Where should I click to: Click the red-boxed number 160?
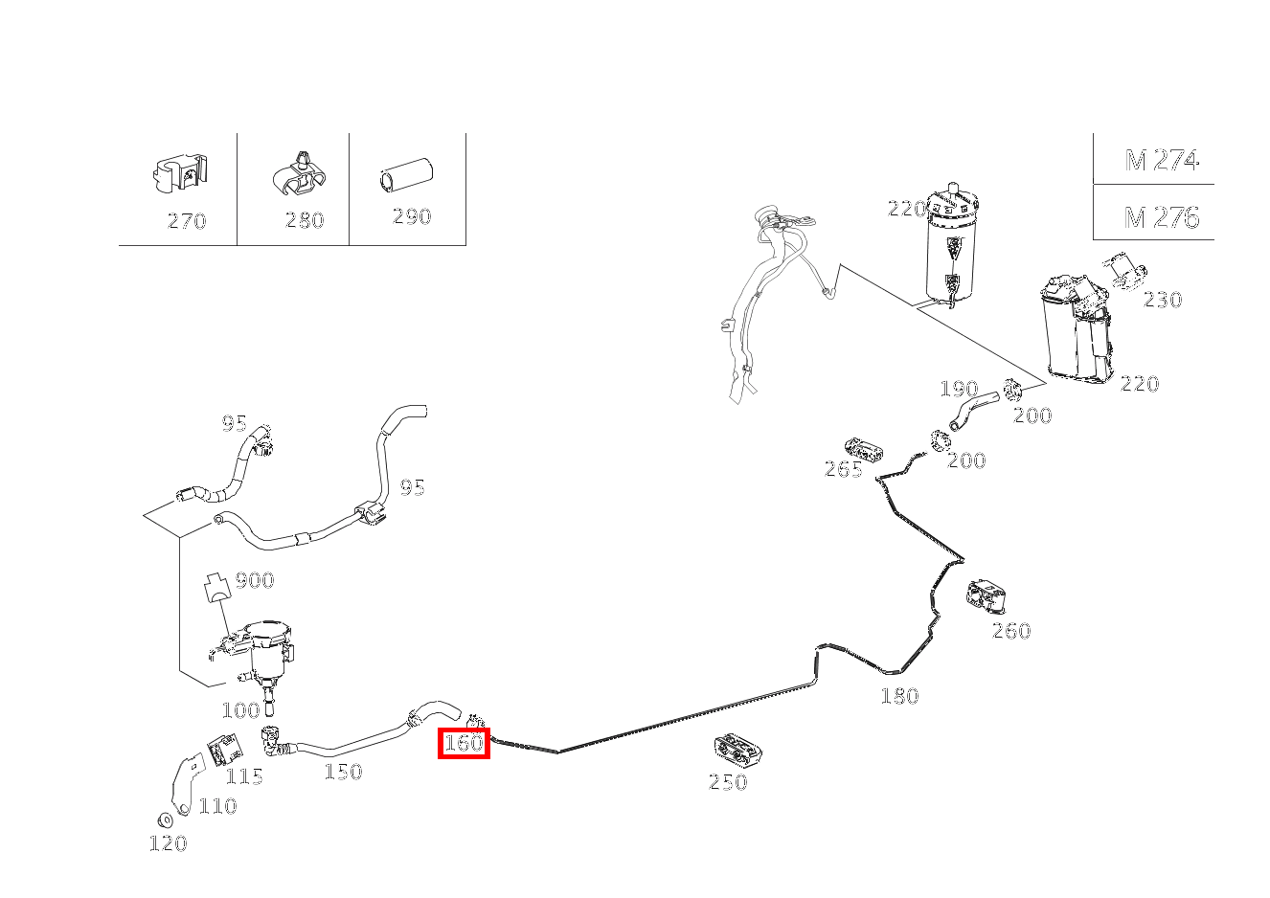[464, 743]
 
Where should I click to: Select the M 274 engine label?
[1162, 160]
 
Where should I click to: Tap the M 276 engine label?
[1162, 217]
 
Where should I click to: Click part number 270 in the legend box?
[187, 221]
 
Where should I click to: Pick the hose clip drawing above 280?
[300, 174]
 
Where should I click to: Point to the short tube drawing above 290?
[406, 174]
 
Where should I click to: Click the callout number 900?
[255, 580]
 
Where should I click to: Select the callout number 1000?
[241, 710]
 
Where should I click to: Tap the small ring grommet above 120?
[165, 819]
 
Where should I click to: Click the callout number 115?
[244, 776]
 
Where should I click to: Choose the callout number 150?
[344, 772]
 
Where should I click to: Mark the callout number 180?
[899, 696]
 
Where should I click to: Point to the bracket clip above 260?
[987, 596]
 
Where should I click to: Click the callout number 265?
[844, 469]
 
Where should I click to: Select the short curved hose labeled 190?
[973, 411]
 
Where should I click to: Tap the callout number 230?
[1163, 300]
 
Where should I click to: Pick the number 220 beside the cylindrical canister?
[907, 209]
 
